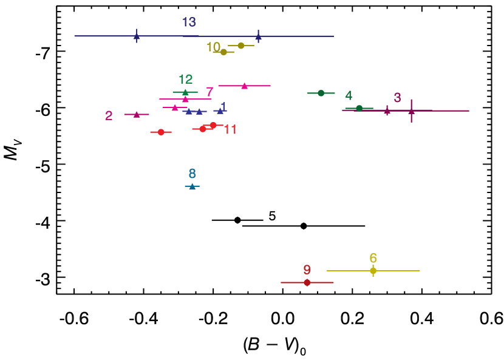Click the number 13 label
click(x=189, y=22)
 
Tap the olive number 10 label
click(x=213, y=47)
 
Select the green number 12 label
click(x=185, y=80)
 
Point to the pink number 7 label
click(x=209, y=92)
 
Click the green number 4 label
click(x=349, y=96)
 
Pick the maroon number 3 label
click(x=397, y=98)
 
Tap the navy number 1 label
click(x=223, y=107)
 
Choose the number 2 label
click(x=109, y=116)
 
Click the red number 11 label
click(x=230, y=130)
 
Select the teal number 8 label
click(x=192, y=174)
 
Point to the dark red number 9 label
click(x=307, y=270)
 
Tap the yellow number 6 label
click(x=373, y=259)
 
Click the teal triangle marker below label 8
click(x=192, y=186)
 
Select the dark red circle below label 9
click(x=307, y=282)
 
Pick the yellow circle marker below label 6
click(x=373, y=271)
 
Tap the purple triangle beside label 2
click(x=137, y=114)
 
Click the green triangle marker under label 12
click(x=185, y=92)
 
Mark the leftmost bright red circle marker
click(x=161, y=132)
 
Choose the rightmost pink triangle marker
click(x=244, y=86)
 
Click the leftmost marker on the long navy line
click(x=137, y=36)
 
